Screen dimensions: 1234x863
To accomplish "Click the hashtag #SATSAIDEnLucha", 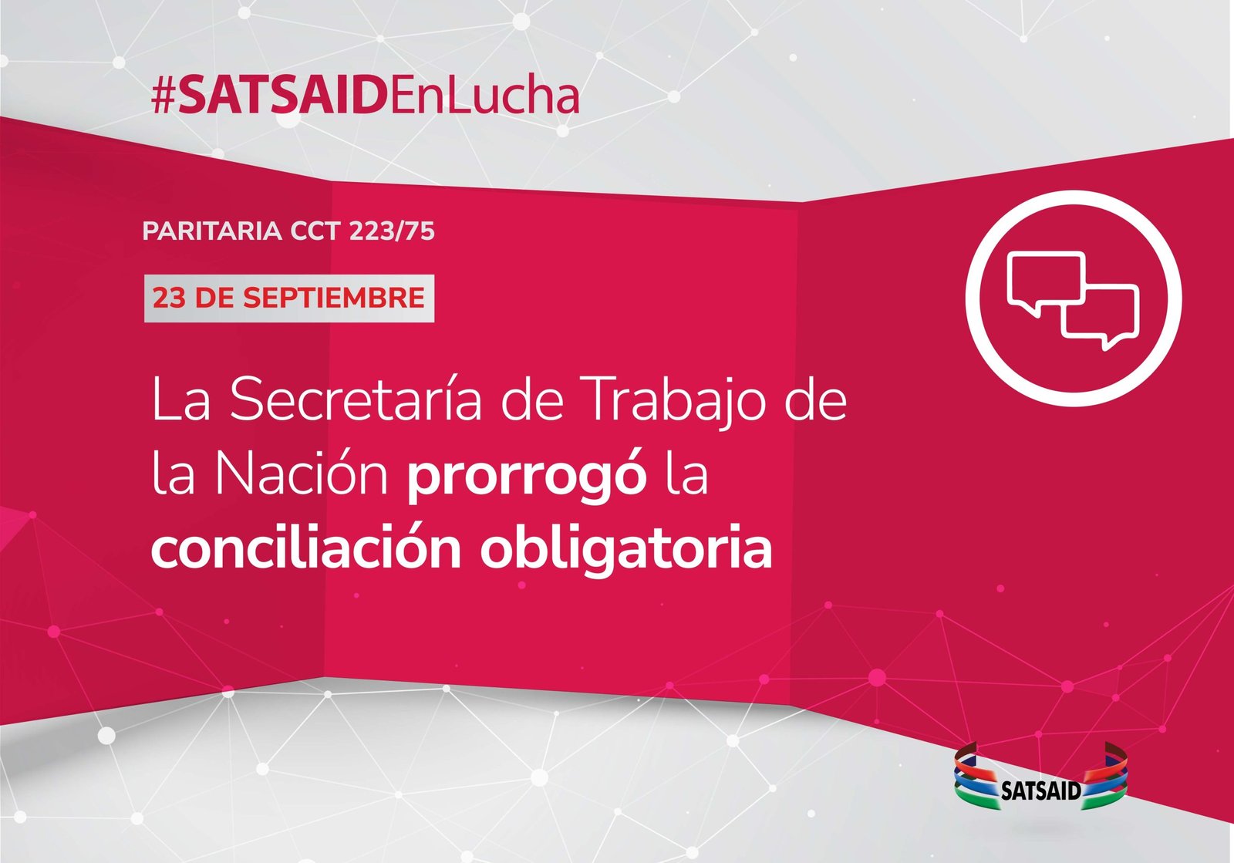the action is [366, 96].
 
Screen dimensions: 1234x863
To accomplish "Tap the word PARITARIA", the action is [212, 231].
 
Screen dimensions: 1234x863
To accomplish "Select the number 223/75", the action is [392, 231].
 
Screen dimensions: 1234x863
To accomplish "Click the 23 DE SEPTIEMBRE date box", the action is [289, 298].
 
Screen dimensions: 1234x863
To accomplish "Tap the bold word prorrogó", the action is [527, 477].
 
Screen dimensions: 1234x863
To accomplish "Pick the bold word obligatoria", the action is [626, 551].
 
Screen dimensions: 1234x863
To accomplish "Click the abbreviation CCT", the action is [315, 231].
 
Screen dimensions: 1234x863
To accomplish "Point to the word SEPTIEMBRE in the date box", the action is [334, 298].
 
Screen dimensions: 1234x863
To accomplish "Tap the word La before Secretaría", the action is [180, 399].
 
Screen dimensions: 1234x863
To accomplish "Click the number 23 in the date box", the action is [170, 298].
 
